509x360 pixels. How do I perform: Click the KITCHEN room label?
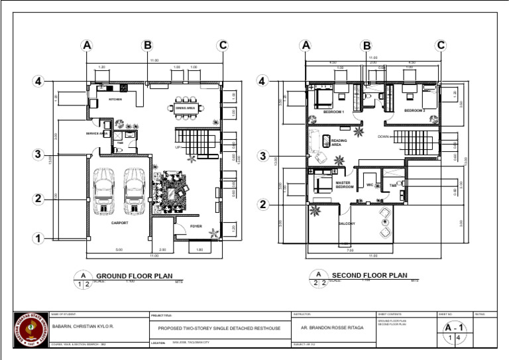pyautogui.click(x=115, y=100)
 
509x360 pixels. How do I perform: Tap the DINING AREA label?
pyautogui.click(x=185, y=107)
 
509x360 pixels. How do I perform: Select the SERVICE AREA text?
pyautogui.click(x=97, y=133)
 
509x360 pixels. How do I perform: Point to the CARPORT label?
pyautogui.click(x=119, y=223)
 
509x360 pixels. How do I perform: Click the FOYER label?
pyautogui.click(x=196, y=226)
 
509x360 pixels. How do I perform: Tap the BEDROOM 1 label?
pyautogui.click(x=333, y=112)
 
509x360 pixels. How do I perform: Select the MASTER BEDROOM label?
pyautogui.click(x=345, y=185)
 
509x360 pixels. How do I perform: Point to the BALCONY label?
pyautogui.click(x=347, y=223)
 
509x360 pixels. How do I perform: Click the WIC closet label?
pyautogui.click(x=370, y=185)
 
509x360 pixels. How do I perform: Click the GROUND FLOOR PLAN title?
pyautogui.click(x=135, y=276)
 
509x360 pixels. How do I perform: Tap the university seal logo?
pyautogui.click(x=31, y=330)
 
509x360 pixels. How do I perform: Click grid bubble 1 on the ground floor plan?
pyautogui.click(x=39, y=238)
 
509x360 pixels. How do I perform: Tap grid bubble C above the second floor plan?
pyautogui.click(x=441, y=46)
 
